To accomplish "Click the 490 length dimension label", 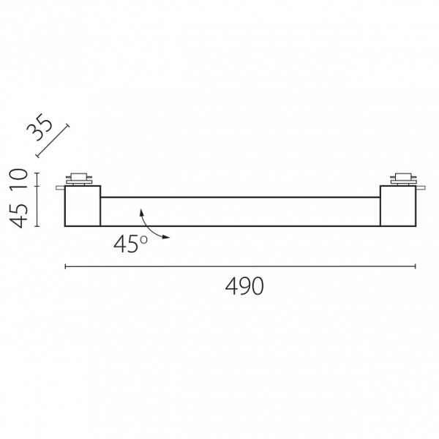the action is click(244, 286).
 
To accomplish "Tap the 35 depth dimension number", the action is click(40, 127).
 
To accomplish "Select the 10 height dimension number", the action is click(19, 179).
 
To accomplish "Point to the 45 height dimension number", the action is click(19, 216).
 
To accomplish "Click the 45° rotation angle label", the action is click(130, 244).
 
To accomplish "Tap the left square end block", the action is click(83, 206).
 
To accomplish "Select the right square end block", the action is click(398, 206).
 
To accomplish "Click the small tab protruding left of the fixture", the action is click(60, 187).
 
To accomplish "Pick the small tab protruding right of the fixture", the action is click(421, 187).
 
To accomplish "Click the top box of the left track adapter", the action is click(78, 176).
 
